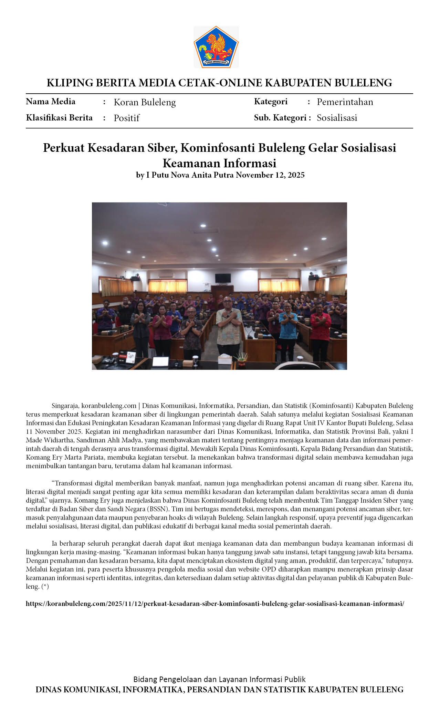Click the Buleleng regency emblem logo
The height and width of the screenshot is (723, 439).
(216, 47)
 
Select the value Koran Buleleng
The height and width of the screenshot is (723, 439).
(145, 102)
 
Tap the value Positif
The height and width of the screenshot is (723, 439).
(126, 118)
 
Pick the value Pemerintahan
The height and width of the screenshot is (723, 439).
(345, 102)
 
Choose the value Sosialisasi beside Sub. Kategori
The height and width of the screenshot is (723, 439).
(337, 118)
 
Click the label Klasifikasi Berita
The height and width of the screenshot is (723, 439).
(59, 118)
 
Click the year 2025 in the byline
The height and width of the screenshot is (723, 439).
(296, 175)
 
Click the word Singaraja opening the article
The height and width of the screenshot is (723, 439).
(65, 406)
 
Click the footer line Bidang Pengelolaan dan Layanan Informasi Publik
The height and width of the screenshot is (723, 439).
(219, 679)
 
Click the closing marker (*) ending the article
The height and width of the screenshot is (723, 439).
(45, 586)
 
